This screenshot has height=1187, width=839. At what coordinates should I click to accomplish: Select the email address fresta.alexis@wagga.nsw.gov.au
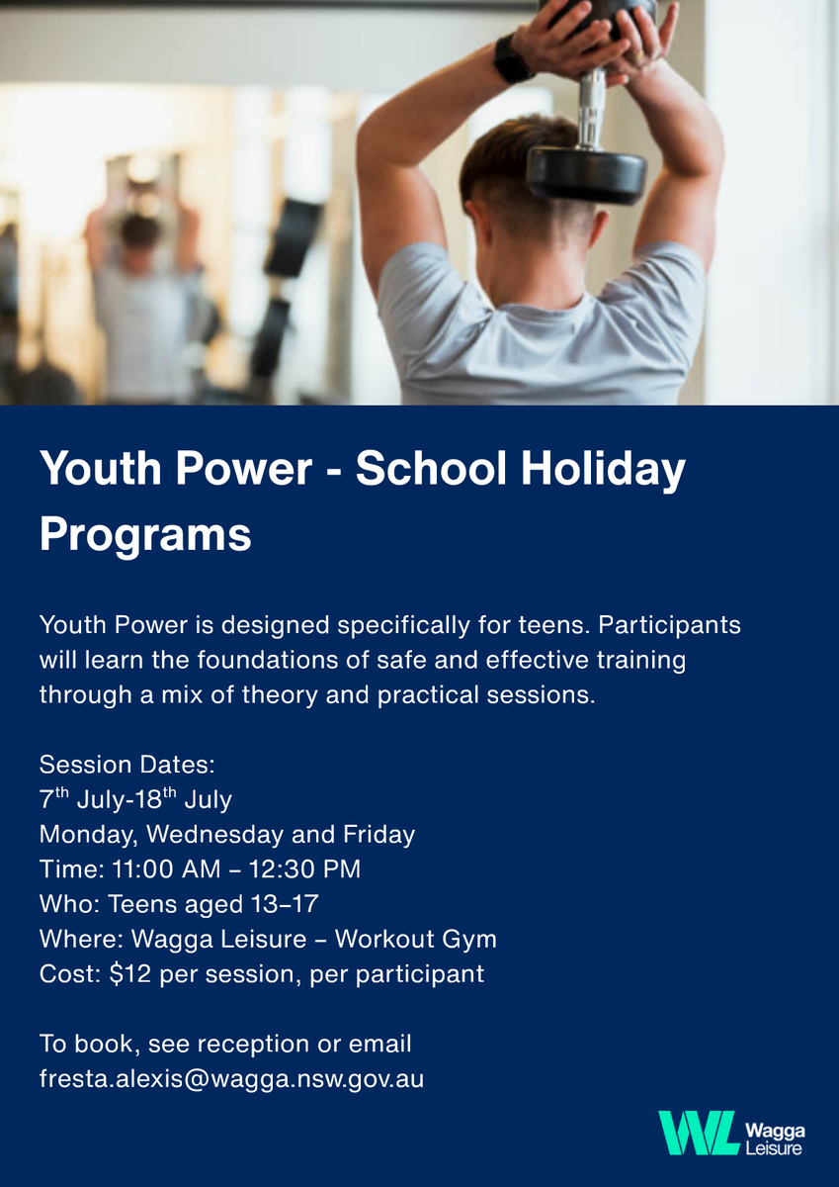pyautogui.click(x=232, y=1079)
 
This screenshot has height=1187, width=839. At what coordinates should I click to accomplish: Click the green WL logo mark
pyautogui.click(x=699, y=1133)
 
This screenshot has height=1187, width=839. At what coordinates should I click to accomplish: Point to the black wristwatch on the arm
pyautogui.click(x=511, y=57)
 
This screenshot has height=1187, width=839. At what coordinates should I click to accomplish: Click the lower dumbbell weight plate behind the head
pyautogui.click(x=588, y=175)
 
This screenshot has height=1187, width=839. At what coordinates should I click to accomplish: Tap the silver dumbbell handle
pyautogui.click(x=591, y=109)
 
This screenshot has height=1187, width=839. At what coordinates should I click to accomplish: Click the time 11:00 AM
pyautogui.click(x=166, y=869)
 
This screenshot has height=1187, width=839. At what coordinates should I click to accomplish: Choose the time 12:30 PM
pyautogui.click(x=305, y=869)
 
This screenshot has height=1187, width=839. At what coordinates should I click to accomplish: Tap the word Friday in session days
pyautogui.click(x=379, y=835)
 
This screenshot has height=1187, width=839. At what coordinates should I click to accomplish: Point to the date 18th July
pyautogui.click(x=184, y=799)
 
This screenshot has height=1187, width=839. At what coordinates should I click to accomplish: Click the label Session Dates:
pyautogui.click(x=127, y=765)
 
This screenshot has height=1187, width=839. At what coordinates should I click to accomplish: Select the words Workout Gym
pyautogui.click(x=416, y=939)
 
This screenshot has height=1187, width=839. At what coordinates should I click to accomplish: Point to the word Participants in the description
pyautogui.click(x=670, y=625)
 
